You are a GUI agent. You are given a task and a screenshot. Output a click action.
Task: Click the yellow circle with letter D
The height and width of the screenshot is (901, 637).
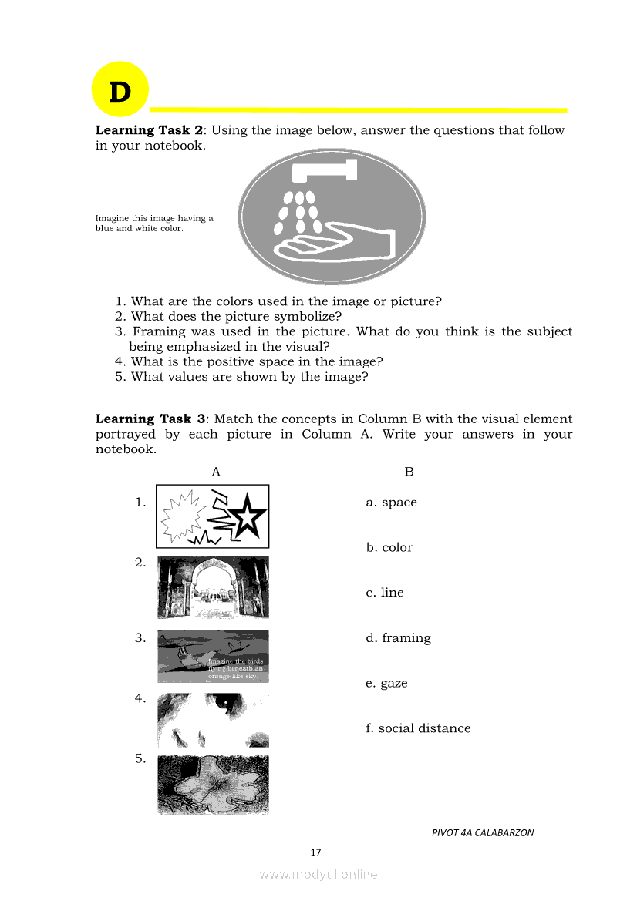point(120,89)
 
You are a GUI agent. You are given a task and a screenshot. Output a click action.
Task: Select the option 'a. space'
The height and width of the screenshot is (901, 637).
point(391,503)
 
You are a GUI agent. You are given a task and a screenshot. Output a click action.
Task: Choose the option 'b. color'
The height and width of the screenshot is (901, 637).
point(389,548)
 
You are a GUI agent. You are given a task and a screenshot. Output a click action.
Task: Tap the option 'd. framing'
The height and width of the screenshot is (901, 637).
point(398,638)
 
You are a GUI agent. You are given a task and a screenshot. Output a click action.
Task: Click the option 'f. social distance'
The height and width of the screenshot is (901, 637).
point(418,728)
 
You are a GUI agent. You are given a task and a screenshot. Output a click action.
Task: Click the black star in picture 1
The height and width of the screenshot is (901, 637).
point(248,518)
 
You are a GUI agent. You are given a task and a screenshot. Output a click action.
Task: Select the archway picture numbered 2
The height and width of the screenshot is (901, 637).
point(213,587)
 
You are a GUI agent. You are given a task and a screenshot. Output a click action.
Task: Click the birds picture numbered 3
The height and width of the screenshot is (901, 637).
point(213,656)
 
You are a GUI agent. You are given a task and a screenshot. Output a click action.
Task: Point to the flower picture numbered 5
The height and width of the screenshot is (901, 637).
point(213,785)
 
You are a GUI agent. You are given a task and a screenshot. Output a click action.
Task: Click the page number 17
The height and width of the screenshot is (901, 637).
point(315,852)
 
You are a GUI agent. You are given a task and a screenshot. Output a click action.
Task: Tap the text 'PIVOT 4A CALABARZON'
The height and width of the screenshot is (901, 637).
point(483,832)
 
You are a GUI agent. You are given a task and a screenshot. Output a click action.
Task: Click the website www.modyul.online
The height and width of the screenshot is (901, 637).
point(318,874)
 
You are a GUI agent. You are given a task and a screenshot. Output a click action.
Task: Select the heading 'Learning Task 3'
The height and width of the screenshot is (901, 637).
point(150,419)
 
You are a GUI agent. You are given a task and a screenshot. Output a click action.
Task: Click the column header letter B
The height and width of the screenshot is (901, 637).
point(409,472)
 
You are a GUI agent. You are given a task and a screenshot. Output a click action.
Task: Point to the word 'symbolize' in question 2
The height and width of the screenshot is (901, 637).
point(308,316)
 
